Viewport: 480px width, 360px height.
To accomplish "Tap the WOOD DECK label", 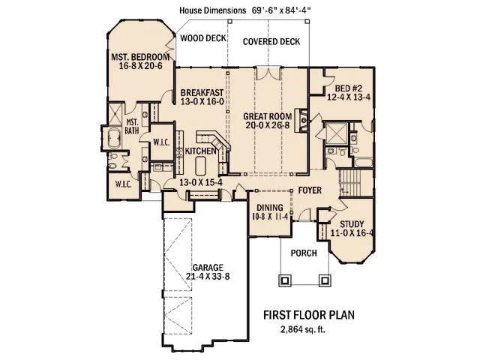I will coord(202,36).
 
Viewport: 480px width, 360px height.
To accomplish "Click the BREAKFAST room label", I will coord(202,94).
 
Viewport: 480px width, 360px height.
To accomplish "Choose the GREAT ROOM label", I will coord(268,118).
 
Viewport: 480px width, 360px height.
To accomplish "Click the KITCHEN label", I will coord(190,151).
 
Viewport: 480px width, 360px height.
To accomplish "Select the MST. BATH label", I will coord(132,127).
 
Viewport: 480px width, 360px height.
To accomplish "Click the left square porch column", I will coord(284,280).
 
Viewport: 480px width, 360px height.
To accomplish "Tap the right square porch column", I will coord(326,280).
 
